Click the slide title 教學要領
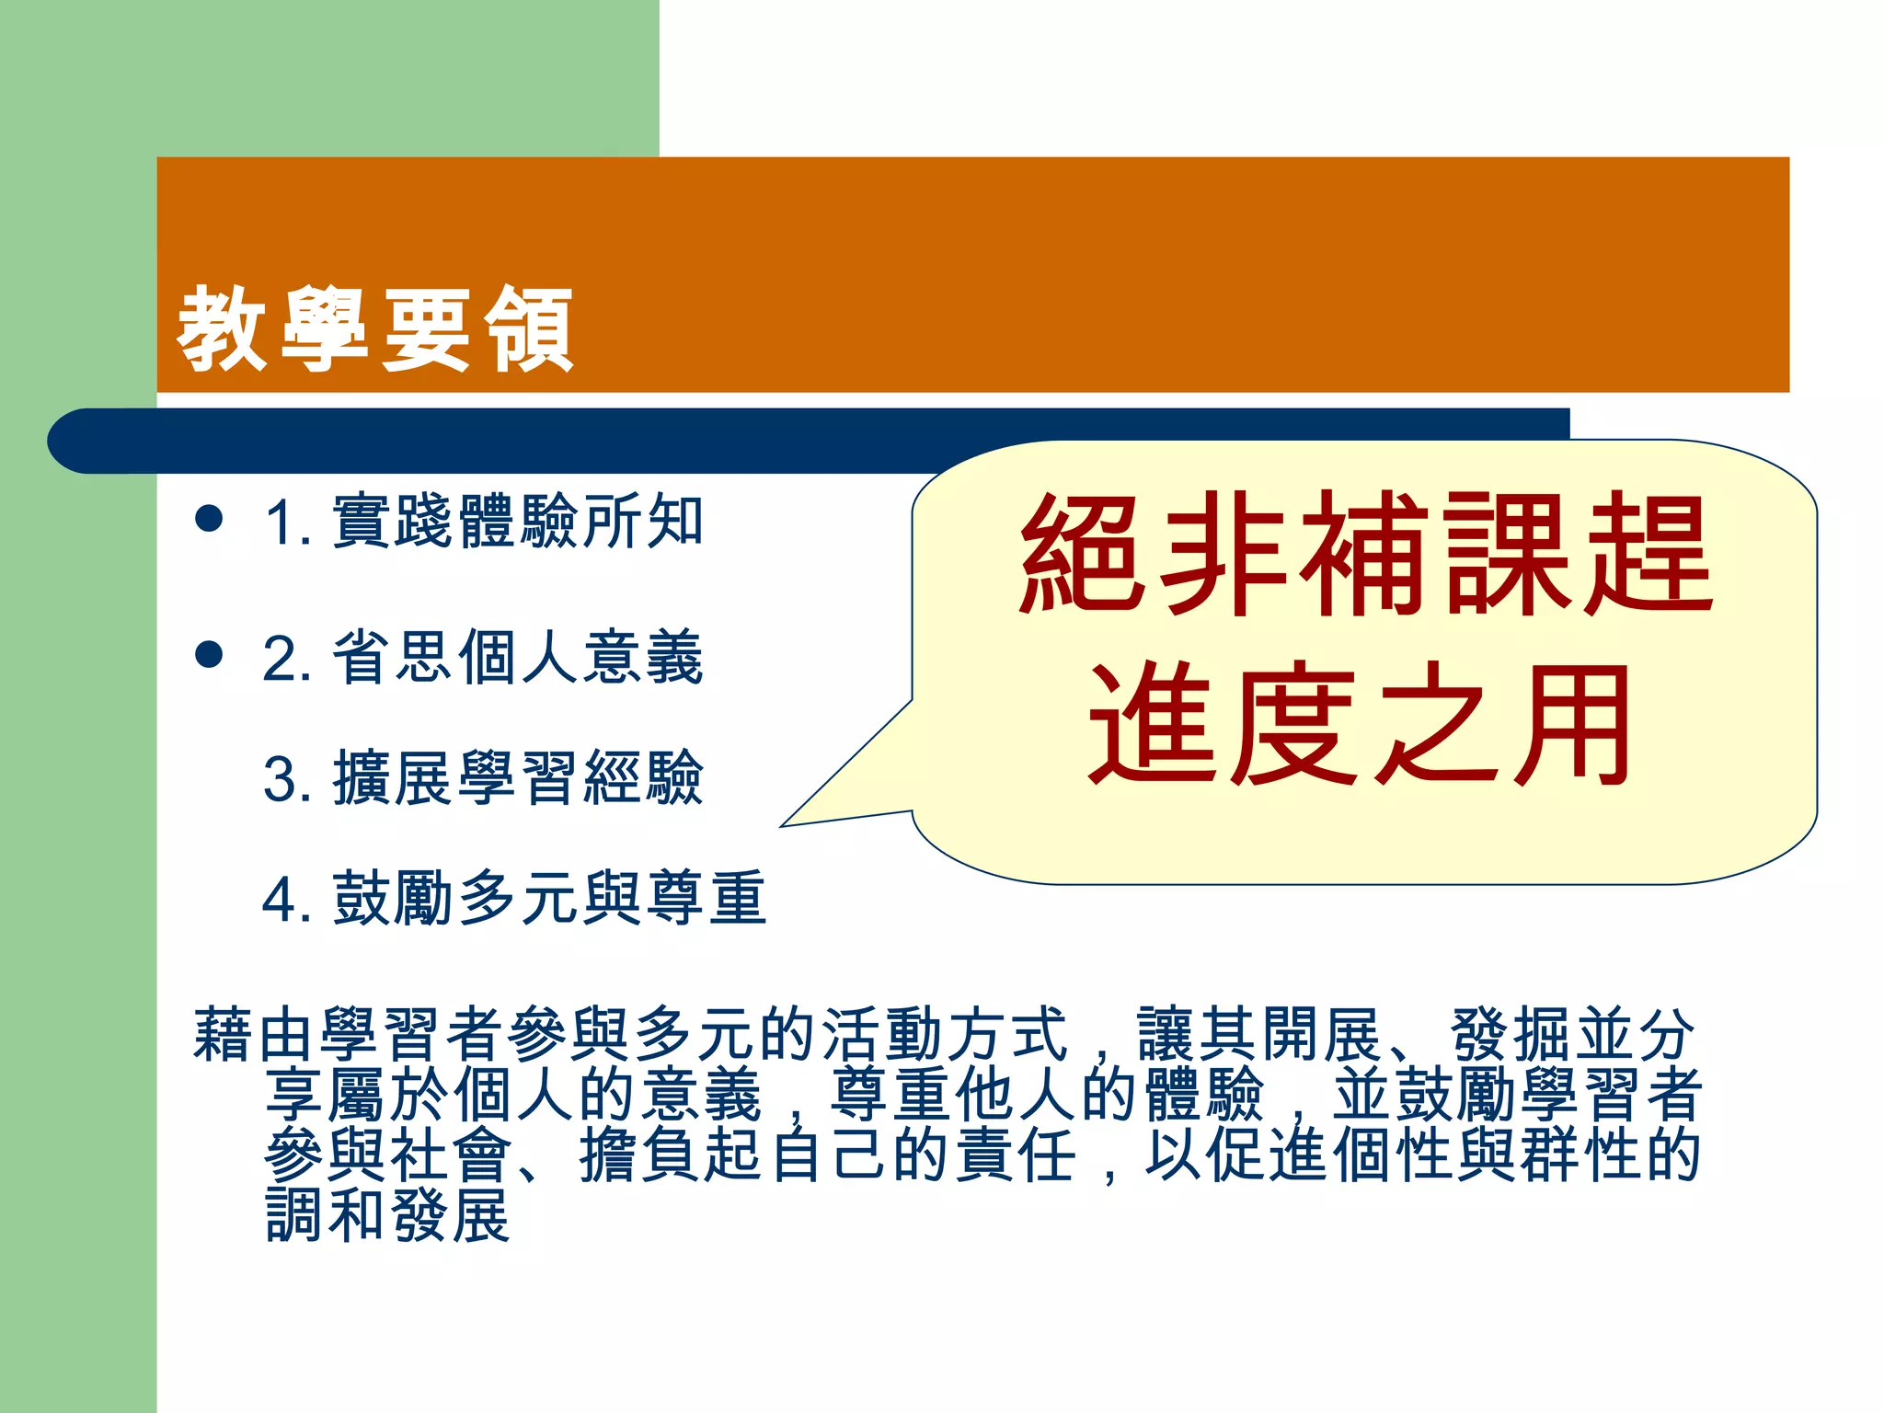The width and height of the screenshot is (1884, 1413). click(x=375, y=328)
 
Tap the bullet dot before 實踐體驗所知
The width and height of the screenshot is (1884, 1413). click(x=210, y=518)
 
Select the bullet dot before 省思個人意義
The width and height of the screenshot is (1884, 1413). click(x=210, y=655)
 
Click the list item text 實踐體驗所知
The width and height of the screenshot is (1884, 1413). click(x=518, y=522)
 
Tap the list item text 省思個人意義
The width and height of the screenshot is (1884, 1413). click(x=518, y=658)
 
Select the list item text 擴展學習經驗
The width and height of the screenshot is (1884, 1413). click(x=518, y=778)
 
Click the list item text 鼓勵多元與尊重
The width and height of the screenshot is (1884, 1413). click(x=549, y=898)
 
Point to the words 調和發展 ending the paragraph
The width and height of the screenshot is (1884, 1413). click(x=387, y=1215)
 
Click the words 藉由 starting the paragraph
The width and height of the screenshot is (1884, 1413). click(x=254, y=1035)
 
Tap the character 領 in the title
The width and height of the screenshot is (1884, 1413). click(x=530, y=328)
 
